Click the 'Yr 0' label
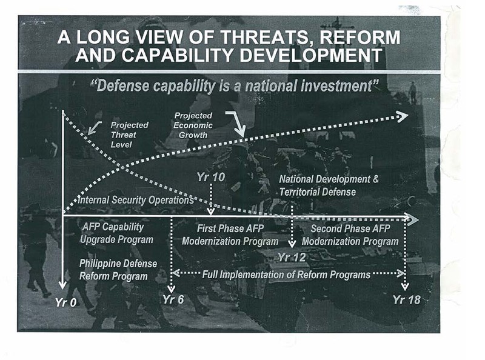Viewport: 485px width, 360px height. [66, 302]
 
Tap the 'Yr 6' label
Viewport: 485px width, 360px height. [173, 299]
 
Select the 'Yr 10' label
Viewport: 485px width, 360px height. [210, 177]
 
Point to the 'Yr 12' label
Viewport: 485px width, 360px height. [292, 258]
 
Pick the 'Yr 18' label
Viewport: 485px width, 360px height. [407, 299]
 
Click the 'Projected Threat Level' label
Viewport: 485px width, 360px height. [129, 135]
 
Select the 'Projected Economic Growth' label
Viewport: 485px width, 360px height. [193, 125]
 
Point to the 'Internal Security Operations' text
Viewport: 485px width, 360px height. [136, 200]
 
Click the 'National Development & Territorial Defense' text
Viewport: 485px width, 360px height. [329, 185]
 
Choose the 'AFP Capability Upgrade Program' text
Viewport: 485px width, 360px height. [116, 233]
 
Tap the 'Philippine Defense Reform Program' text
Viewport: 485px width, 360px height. [118, 270]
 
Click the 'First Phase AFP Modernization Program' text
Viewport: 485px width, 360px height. [230, 235]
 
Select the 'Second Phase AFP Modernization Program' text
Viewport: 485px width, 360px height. [350, 235]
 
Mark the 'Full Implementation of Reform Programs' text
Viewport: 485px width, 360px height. [286, 275]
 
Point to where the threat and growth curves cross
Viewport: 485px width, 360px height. [123, 167]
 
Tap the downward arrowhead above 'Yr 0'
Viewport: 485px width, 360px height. [63, 285]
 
